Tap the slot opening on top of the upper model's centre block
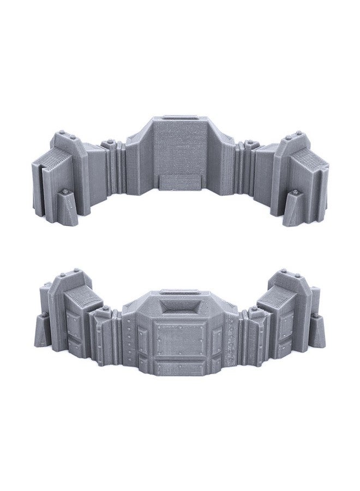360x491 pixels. tap(181, 118)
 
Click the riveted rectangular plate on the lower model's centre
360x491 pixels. tap(179, 338)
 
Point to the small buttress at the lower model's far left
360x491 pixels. tap(43, 331)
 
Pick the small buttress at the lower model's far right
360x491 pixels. tap(317, 331)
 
